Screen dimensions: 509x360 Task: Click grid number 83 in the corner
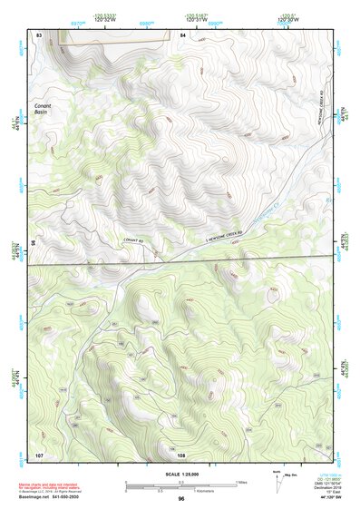click(40, 34)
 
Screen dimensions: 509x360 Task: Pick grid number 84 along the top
click(182, 34)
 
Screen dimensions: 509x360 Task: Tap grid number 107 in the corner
click(40, 453)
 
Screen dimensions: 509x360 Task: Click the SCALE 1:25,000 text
click(180, 474)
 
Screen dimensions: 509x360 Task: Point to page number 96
click(181, 499)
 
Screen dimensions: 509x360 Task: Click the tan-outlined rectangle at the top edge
click(114, 34)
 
